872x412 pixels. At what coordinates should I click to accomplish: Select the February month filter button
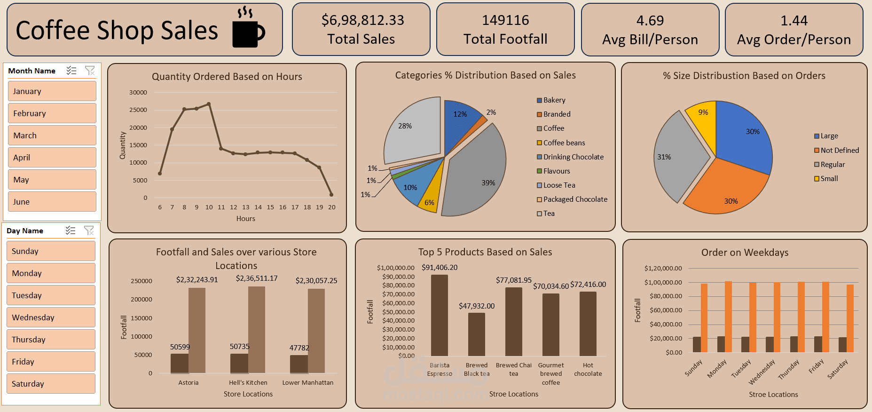click(x=52, y=113)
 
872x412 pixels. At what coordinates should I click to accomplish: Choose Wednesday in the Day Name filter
click(x=51, y=317)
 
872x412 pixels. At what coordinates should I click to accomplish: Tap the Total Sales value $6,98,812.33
click(x=362, y=20)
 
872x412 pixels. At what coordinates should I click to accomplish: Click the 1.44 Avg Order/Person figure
click(x=793, y=21)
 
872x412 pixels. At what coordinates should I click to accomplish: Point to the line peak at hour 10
click(x=209, y=104)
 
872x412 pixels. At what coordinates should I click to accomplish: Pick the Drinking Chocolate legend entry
click(x=573, y=157)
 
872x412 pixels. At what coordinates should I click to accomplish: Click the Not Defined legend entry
click(x=840, y=151)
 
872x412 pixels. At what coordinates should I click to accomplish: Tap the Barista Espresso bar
click(x=439, y=315)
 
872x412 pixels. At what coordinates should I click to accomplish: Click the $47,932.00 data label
click(x=477, y=306)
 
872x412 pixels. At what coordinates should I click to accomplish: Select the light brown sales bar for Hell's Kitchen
click(x=257, y=329)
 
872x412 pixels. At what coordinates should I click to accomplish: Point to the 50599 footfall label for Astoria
click(x=180, y=347)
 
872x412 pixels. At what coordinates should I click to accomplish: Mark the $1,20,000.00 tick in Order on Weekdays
click(x=663, y=269)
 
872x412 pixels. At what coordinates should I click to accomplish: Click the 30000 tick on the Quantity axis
click(x=138, y=93)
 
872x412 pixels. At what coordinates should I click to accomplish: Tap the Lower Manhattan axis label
click(x=308, y=383)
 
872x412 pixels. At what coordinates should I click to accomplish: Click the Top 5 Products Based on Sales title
click(x=485, y=252)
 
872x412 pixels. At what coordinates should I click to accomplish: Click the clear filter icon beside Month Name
click(x=90, y=71)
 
